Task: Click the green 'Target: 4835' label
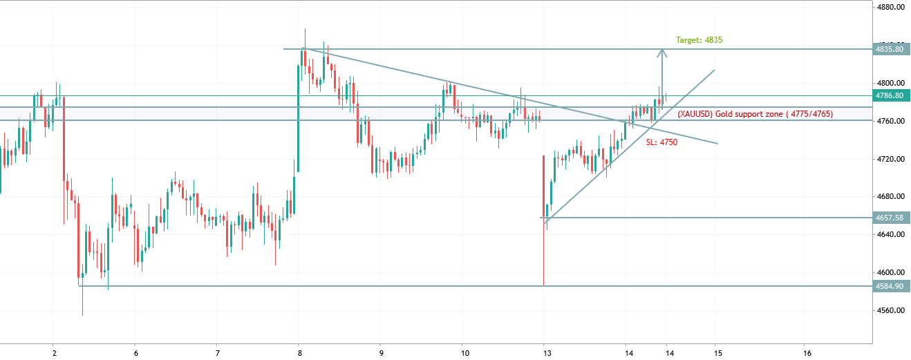coord(699,40)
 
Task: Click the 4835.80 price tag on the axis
coord(889,49)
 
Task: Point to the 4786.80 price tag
coord(889,96)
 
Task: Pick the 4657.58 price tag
coord(889,218)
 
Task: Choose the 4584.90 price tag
coord(889,285)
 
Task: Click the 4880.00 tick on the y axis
coord(890,8)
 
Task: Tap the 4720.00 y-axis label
coord(890,159)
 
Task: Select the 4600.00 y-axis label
coord(890,272)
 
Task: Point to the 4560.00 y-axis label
coord(890,310)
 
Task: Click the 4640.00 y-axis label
coord(890,234)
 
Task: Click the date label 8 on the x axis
coord(299,352)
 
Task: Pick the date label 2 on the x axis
coord(53,352)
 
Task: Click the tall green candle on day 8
coord(299,117)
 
